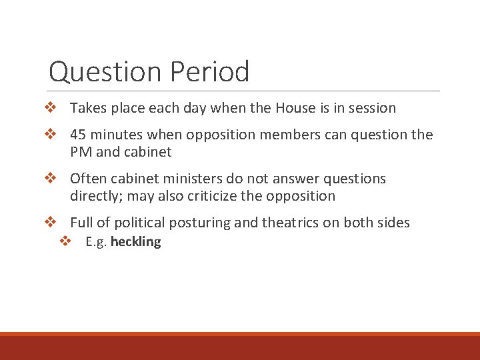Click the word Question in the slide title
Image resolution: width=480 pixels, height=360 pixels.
tap(106, 72)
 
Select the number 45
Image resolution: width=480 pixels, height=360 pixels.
tap(78, 135)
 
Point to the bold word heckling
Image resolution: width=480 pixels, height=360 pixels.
tap(135, 242)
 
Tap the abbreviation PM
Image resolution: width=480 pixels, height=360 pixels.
tap(81, 152)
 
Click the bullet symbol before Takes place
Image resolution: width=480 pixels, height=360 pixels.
tap(50, 107)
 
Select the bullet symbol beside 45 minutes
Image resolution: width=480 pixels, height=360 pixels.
tap(50, 134)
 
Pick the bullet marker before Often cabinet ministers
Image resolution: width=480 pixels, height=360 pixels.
tap(50, 178)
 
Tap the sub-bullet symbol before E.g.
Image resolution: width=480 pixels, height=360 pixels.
tap(65, 241)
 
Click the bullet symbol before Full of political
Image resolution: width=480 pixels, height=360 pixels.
tap(50, 222)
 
